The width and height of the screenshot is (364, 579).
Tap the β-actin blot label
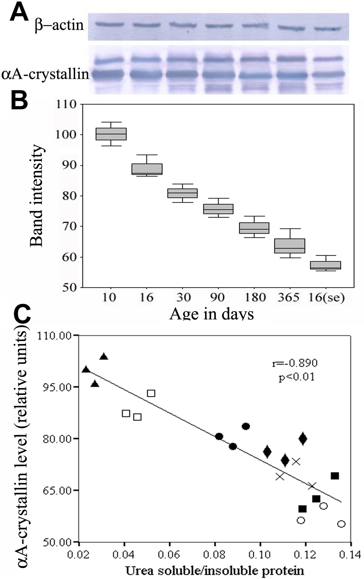(59, 25)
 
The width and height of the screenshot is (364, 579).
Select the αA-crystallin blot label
(45, 74)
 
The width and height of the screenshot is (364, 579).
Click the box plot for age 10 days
(111, 134)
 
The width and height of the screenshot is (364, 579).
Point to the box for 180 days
(254, 228)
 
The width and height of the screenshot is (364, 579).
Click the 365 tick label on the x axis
(288, 297)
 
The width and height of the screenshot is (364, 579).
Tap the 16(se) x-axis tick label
(326, 297)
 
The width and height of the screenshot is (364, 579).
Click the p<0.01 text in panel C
(297, 377)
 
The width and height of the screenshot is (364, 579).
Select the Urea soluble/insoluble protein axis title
(215, 571)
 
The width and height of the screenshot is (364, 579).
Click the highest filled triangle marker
(104, 356)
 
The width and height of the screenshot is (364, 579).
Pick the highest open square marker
(151, 393)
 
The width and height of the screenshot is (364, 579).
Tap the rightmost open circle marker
(341, 524)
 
